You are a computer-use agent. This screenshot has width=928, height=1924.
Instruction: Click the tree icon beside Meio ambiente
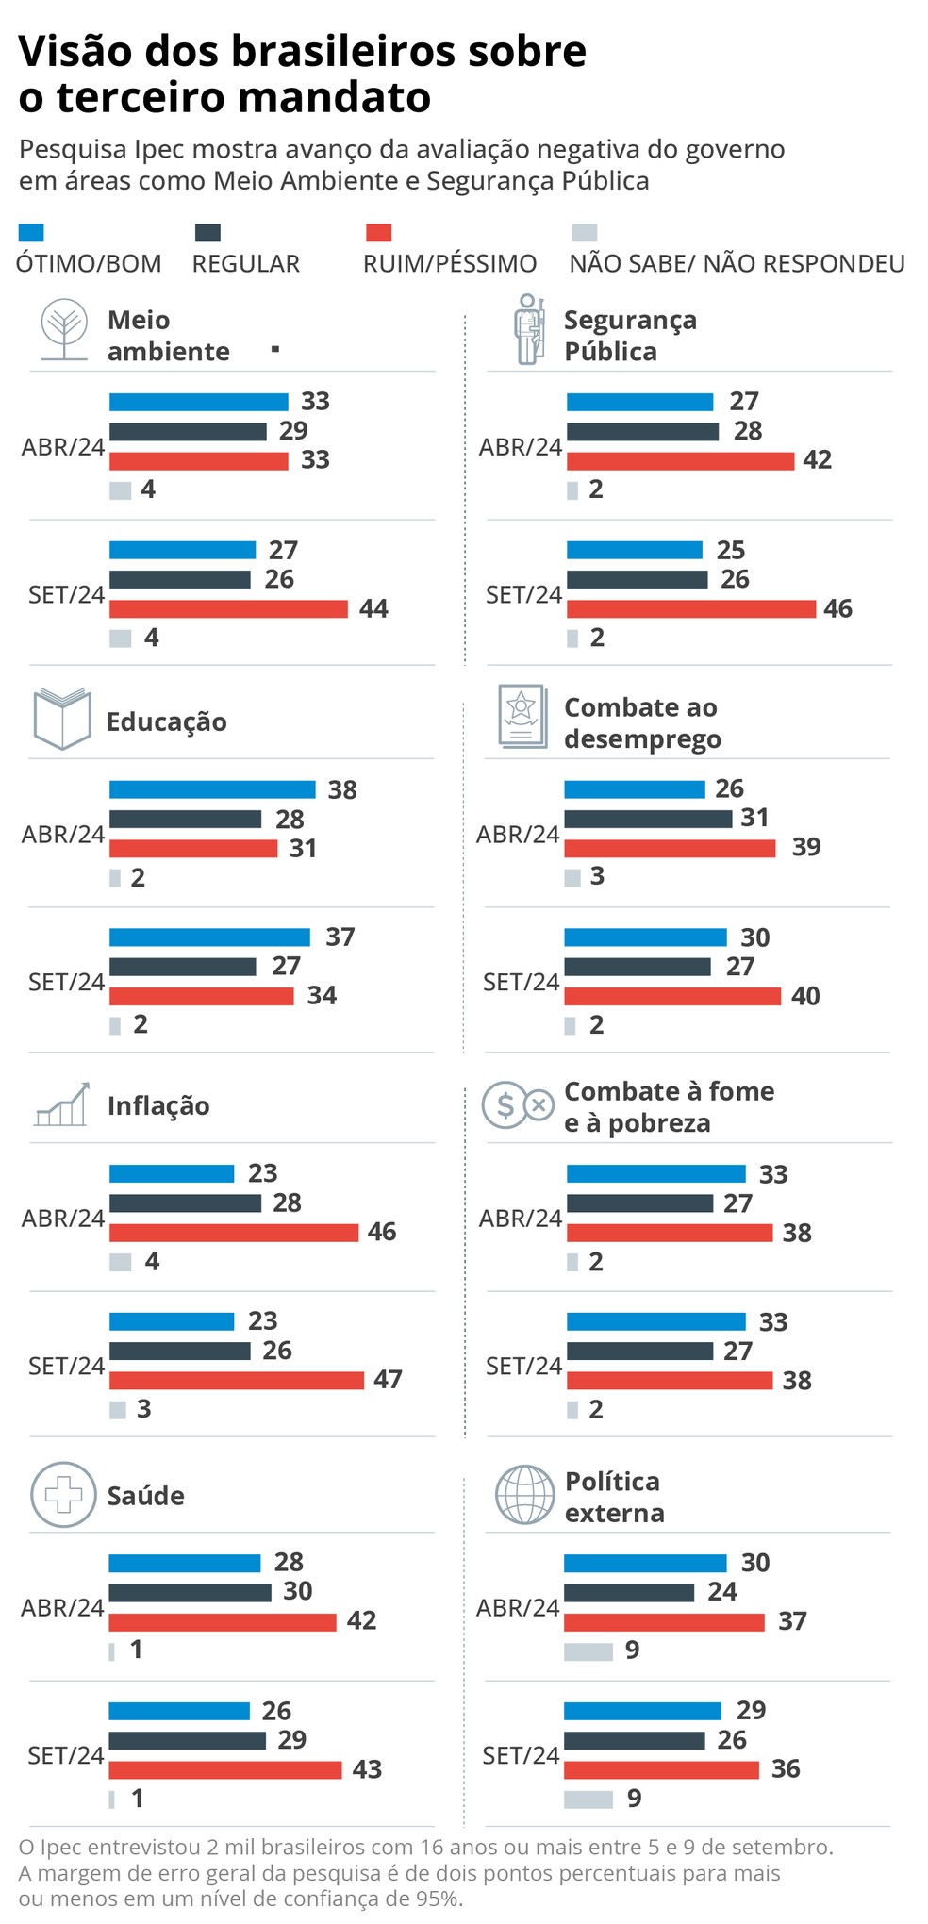point(64,330)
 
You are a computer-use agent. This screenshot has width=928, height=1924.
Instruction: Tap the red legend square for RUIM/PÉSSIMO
point(377,233)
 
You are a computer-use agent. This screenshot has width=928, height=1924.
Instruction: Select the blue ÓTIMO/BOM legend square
point(31,233)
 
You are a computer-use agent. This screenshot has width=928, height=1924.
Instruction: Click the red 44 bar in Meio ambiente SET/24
point(228,609)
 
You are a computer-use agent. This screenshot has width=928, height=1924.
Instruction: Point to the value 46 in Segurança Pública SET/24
point(837,608)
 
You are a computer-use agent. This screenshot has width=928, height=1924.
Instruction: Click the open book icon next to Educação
point(62,719)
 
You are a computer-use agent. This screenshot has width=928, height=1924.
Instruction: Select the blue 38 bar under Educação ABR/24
point(212,789)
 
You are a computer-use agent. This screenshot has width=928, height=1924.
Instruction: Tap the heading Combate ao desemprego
point(641,723)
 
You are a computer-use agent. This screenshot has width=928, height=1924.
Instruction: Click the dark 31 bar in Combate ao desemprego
point(648,819)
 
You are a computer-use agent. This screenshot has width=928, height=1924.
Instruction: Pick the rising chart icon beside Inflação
point(62,1104)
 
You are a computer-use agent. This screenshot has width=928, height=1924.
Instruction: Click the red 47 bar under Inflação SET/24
point(236,1380)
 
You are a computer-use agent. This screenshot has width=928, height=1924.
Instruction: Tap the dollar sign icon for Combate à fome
point(505,1105)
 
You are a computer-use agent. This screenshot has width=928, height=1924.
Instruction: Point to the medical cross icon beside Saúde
point(63,1495)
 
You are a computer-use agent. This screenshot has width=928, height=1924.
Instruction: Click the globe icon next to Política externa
point(525,1495)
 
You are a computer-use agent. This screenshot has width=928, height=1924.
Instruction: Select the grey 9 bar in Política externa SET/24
point(588,1799)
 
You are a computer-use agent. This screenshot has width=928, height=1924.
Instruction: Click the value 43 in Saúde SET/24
point(367,1769)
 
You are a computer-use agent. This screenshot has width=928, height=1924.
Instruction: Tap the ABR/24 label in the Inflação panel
point(63,1219)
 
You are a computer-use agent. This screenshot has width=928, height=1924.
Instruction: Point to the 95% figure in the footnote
point(438,1899)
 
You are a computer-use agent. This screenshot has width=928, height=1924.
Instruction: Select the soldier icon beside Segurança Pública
point(530,329)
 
